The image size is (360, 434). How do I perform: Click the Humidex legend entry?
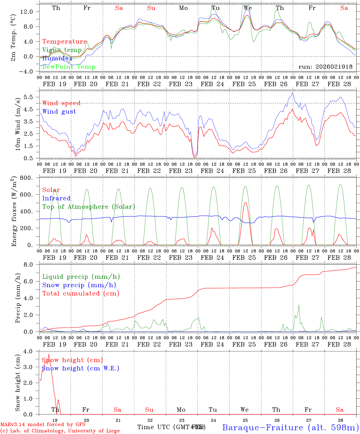tap(57, 58)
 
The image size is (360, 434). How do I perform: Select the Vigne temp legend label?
tap(62, 50)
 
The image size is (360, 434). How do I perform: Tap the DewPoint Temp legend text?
tap(69, 67)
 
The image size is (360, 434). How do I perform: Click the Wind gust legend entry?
tap(59, 112)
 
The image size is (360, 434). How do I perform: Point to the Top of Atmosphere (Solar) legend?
tap(89, 207)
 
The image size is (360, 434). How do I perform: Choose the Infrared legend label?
tap(56, 198)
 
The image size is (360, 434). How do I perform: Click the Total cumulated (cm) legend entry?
tap(81, 293)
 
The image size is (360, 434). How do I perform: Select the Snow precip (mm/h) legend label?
tap(79, 285)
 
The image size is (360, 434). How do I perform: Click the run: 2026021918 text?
tap(325, 67)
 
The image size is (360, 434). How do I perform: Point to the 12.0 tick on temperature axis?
tap(26, 11)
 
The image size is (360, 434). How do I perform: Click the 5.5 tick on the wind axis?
tap(29, 97)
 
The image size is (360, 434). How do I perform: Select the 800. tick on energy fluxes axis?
tap(26, 178)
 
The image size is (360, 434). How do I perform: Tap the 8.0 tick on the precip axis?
tap(29, 265)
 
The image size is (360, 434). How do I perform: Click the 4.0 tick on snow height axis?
tap(29, 351)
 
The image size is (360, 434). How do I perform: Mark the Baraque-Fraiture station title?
tap(290, 427)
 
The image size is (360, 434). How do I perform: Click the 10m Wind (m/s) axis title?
tap(18, 123)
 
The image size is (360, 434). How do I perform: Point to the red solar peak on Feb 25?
tap(245, 203)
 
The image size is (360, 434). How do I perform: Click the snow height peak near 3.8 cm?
tap(49, 354)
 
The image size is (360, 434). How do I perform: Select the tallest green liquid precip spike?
tap(299, 305)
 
